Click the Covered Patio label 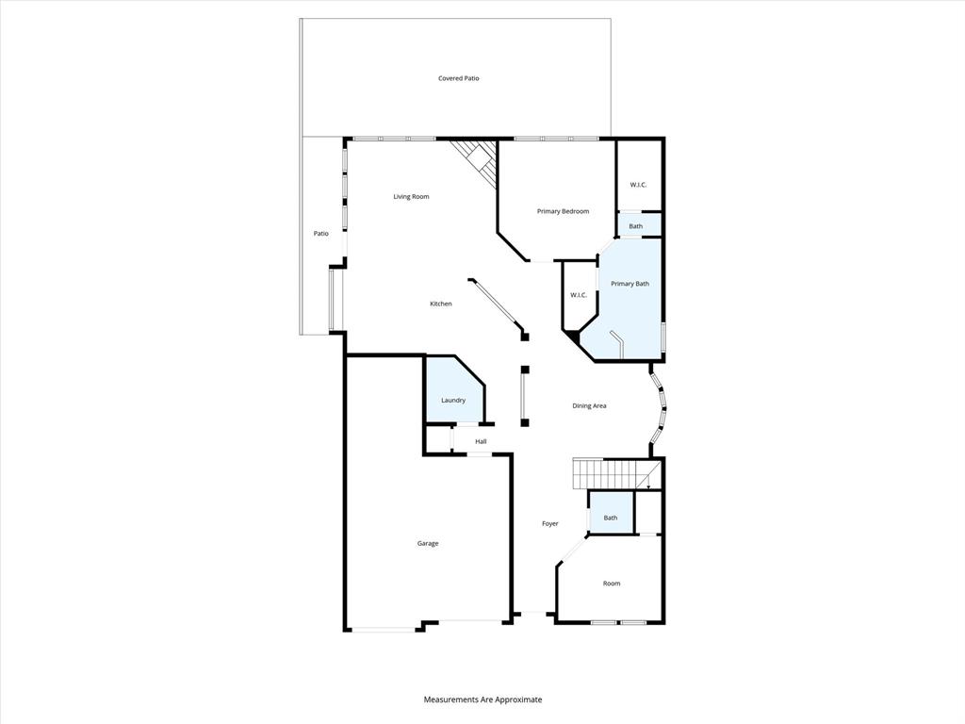tap(458, 78)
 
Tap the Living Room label tap(411, 197)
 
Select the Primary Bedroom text tap(563, 211)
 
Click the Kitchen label tap(440, 304)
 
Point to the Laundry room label tap(453, 401)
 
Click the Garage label tap(428, 543)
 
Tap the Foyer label tap(549, 523)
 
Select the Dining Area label tap(589, 406)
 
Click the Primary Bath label tap(630, 284)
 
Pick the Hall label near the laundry tap(481, 441)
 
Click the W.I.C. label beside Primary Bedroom tap(638, 184)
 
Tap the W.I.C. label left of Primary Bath tap(579, 295)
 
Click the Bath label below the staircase tap(611, 518)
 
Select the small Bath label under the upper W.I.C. tap(636, 226)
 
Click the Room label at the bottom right tap(612, 584)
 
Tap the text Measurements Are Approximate tap(482, 699)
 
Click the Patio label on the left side tap(321, 234)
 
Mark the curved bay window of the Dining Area tap(662, 408)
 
